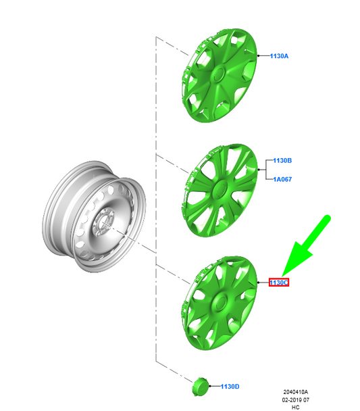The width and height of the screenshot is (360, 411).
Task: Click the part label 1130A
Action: point(279,56)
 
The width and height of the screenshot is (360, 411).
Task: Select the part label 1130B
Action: point(282,160)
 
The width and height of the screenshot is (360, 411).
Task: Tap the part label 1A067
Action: point(282,179)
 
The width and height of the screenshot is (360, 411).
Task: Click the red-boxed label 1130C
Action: point(279,283)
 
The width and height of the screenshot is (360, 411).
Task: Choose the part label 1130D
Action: point(230,387)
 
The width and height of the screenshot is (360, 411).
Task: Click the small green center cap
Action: point(201,387)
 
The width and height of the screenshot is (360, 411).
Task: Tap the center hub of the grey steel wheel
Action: point(103,222)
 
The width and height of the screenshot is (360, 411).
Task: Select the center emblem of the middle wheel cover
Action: point(220,189)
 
